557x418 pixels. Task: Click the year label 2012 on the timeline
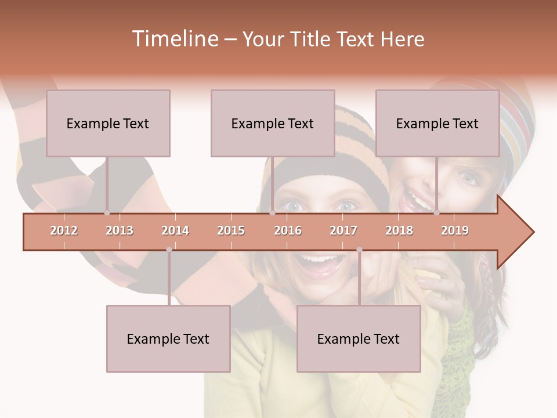coord(64,230)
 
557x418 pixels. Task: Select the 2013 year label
coord(120,230)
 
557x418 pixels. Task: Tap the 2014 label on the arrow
coord(175,230)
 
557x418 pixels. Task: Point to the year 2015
coord(231,230)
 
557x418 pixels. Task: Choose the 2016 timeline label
coord(288,230)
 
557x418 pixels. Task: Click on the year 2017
coord(343,230)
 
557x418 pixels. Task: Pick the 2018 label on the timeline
coord(399,230)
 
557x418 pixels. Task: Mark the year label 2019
coord(455,230)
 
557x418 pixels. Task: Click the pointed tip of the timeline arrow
coord(533,232)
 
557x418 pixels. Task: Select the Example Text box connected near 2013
coord(108,123)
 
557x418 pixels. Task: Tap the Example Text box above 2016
coord(273,123)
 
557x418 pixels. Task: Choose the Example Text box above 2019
coord(437,123)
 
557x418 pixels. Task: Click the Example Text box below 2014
coord(168,338)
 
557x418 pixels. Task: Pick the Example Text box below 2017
coord(359,338)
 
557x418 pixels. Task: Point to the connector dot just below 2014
coord(169,250)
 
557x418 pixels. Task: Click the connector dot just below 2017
coord(359,250)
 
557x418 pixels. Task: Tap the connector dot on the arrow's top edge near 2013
coord(107,213)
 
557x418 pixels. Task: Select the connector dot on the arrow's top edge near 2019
coord(436,213)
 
